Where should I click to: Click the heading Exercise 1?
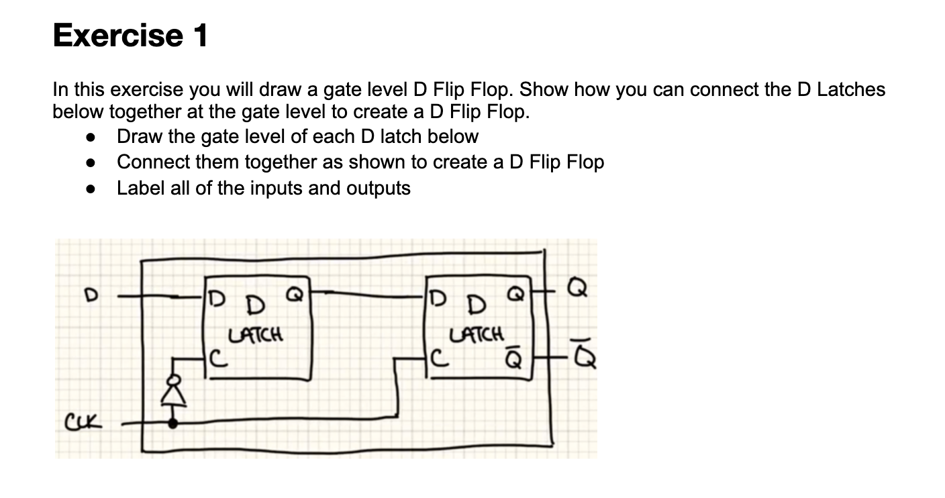coord(130,35)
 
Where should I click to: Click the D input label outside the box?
coord(86,294)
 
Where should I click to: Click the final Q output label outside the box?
coord(578,291)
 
